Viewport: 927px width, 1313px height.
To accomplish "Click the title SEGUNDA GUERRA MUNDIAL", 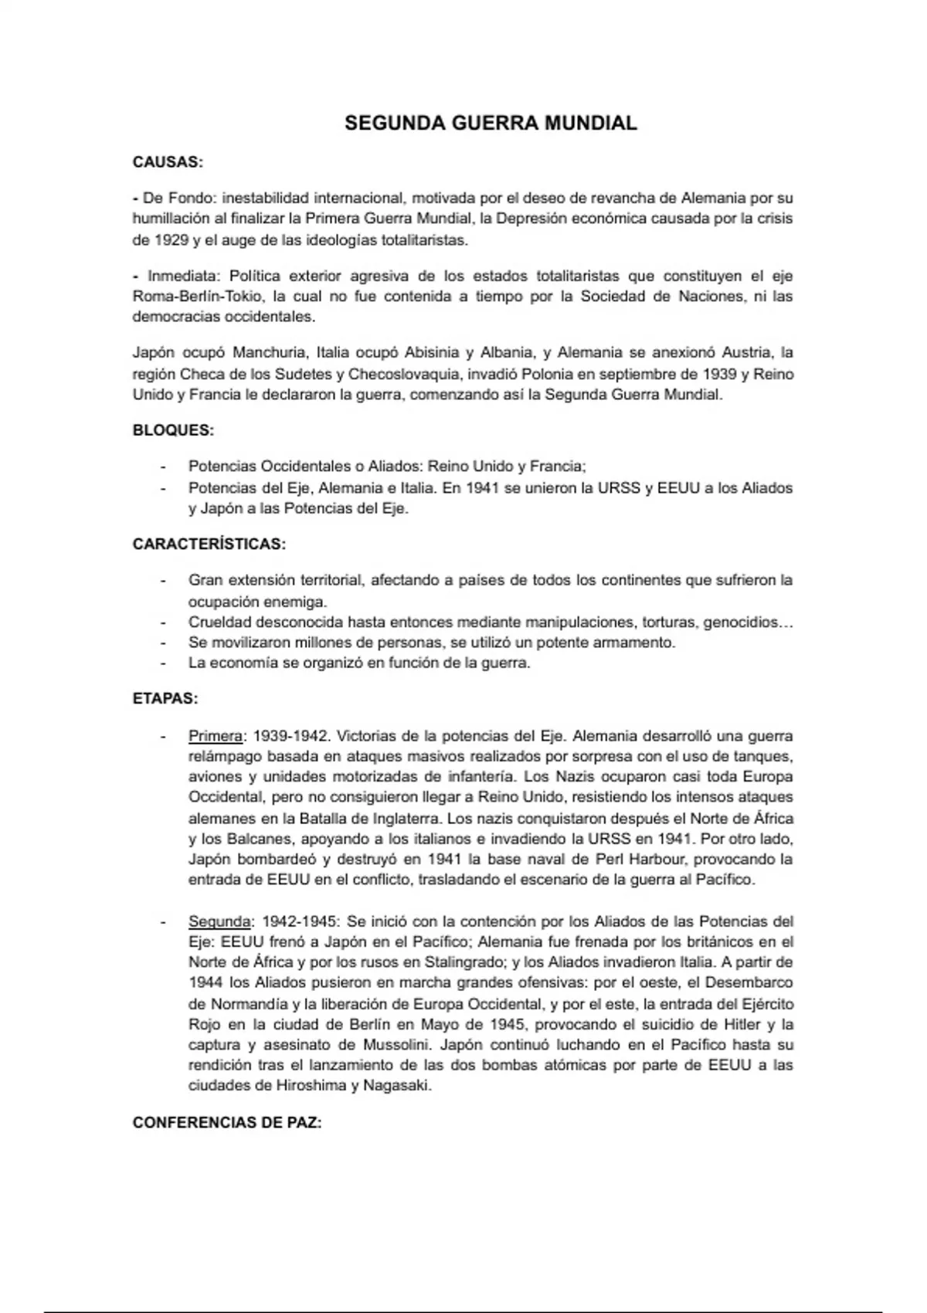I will point(491,124).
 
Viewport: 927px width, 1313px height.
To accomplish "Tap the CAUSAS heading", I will point(168,162).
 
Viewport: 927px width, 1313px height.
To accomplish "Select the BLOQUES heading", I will point(173,430).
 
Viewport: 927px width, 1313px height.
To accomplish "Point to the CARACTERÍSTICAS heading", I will point(209,544).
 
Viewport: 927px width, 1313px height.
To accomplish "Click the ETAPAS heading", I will point(165,699).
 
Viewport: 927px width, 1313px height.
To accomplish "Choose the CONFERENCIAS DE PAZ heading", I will point(227,1122).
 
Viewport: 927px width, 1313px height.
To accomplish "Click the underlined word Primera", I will point(216,736).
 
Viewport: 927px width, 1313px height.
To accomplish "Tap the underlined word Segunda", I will point(219,921).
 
